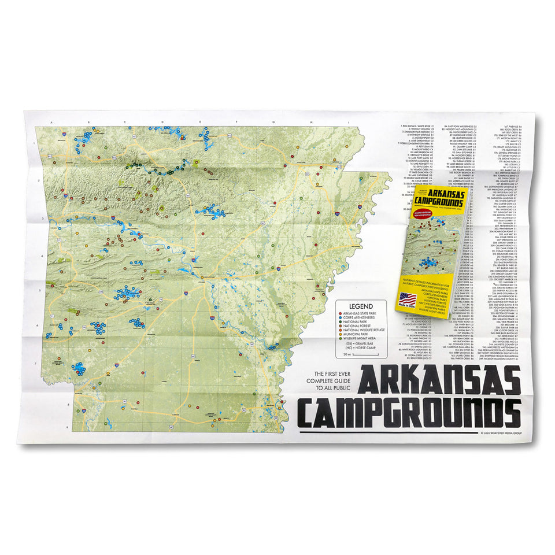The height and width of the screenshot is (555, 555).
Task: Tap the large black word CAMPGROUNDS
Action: click(x=409, y=412)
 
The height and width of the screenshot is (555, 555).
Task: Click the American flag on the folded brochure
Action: click(x=408, y=299)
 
